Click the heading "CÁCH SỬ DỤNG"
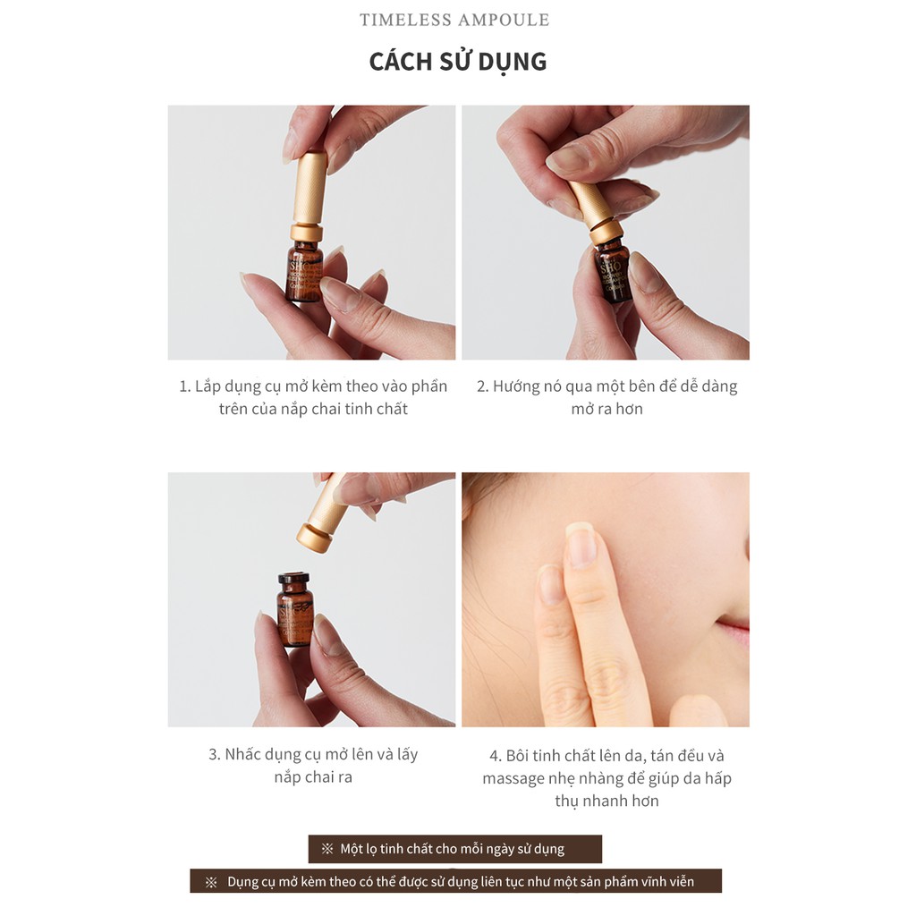[x=457, y=62]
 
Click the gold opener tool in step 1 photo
[x=310, y=192]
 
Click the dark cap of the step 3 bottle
[x=293, y=579]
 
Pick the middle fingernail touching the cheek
[x=581, y=544]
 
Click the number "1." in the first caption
[x=185, y=386]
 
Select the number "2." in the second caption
[x=483, y=386]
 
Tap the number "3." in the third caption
[x=215, y=754]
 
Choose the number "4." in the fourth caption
[x=495, y=756]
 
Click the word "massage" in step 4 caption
[x=513, y=778]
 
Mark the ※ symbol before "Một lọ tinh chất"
[x=327, y=849]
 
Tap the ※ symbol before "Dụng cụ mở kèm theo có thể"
[x=211, y=882]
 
